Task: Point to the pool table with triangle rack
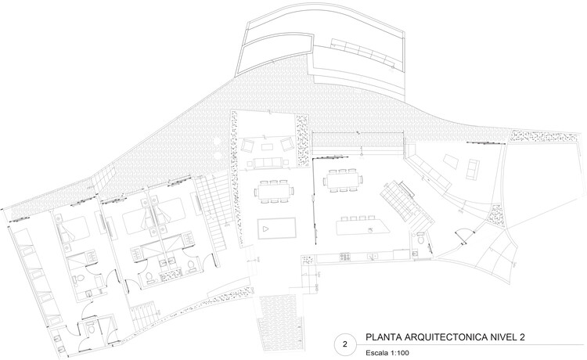point(276,229)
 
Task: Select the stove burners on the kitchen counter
point(345,257)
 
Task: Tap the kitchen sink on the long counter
point(372,257)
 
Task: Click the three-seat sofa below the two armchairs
point(268,162)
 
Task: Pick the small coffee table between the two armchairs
point(267,146)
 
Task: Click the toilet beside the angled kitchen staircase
point(420,238)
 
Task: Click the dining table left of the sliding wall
point(273,192)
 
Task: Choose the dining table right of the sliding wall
point(343,180)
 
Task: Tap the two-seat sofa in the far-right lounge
point(473,169)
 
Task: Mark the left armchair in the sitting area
point(248,145)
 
